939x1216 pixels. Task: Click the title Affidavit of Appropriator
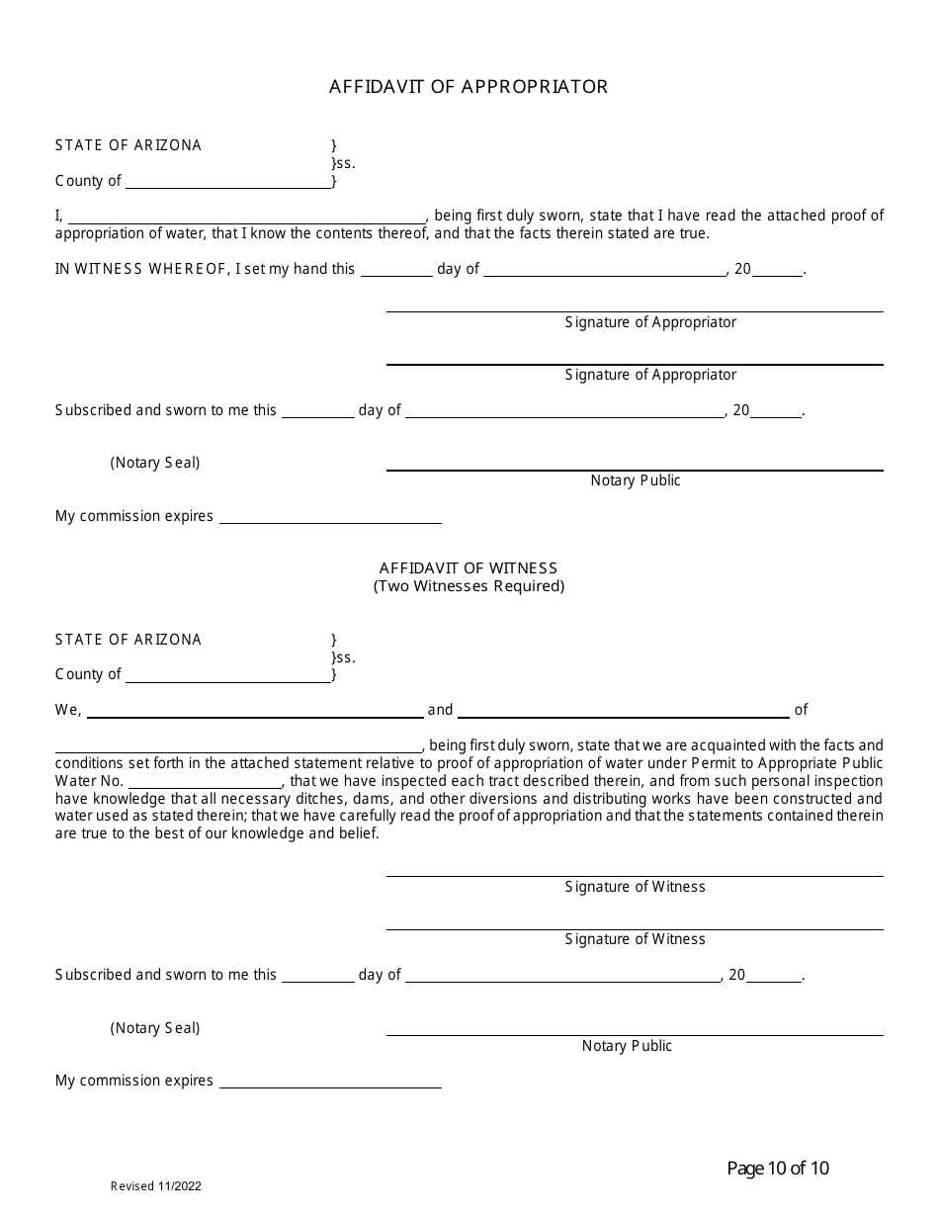pos(469,87)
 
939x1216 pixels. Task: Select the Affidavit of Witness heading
pos(469,568)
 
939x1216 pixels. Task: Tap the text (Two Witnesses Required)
pos(469,586)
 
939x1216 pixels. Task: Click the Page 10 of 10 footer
pos(778,1169)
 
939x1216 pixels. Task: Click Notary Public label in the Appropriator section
pos(636,480)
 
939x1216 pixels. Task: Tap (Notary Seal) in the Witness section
pos(155,1028)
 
